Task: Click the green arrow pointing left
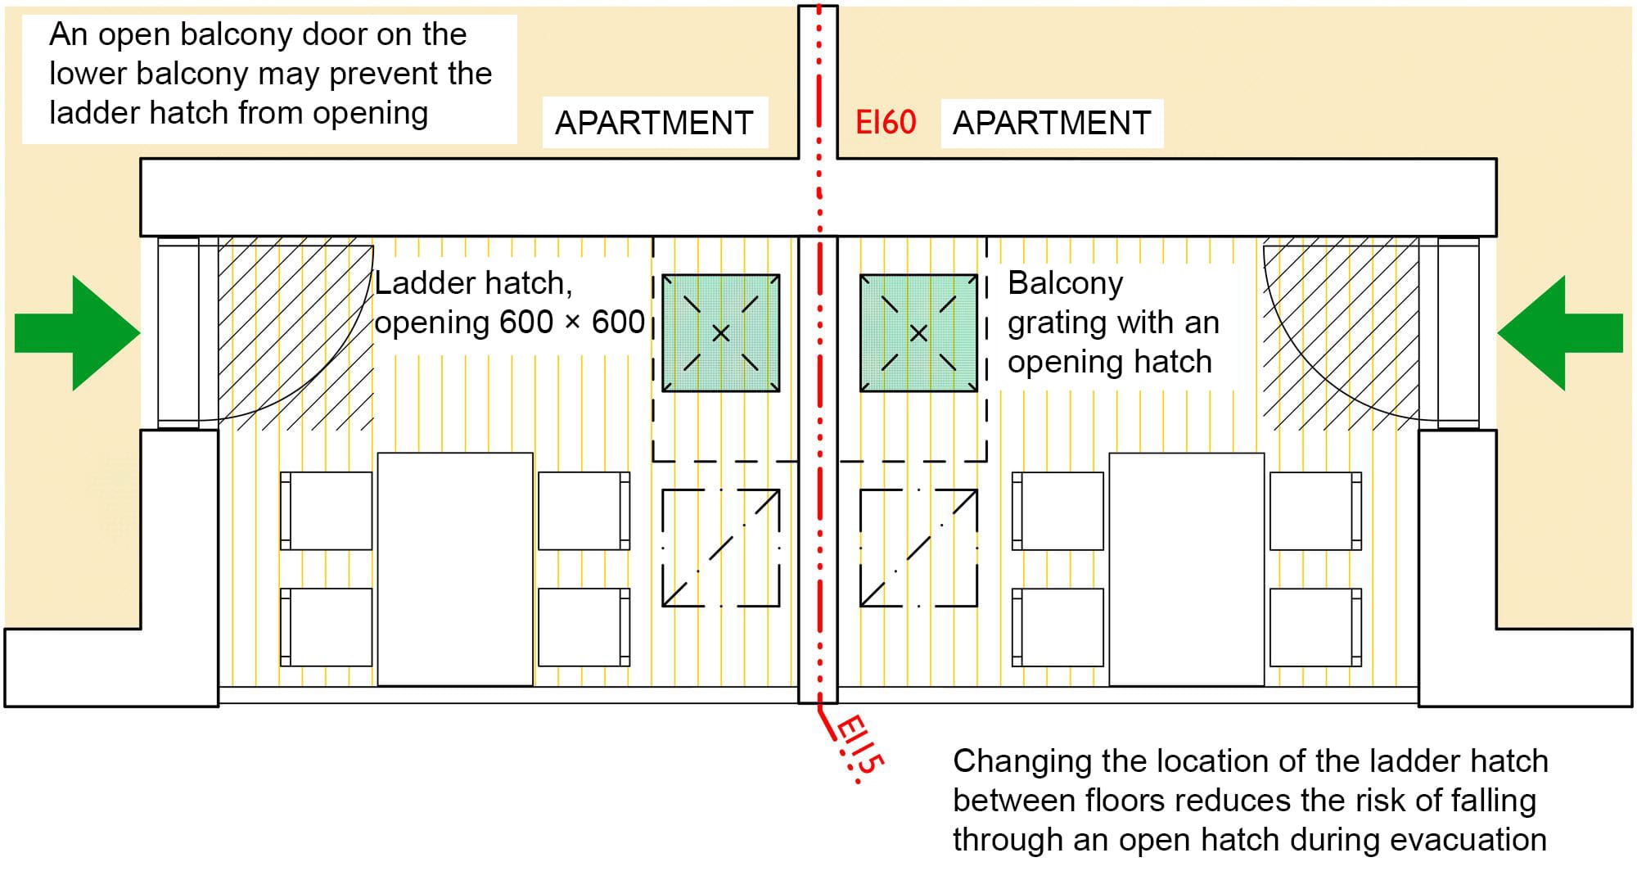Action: tap(1560, 333)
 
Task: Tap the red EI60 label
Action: tap(886, 123)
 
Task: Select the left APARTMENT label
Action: tap(654, 124)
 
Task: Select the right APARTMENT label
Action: tap(1052, 124)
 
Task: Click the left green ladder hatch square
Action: tap(721, 333)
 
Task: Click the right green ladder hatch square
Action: tap(918, 333)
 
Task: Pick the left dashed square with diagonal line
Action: tap(721, 548)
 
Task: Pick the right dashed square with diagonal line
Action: tap(918, 548)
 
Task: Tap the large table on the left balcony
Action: tap(455, 570)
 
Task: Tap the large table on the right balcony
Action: tap(1187, 570)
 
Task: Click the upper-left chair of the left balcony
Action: tap(326, 511)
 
